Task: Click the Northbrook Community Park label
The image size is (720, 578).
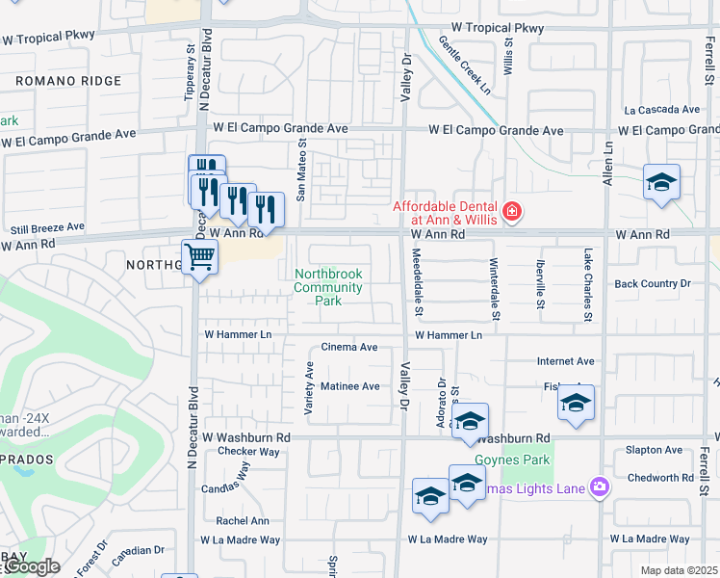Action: click(327, 287)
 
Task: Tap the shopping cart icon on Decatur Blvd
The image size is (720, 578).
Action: click(199, 257)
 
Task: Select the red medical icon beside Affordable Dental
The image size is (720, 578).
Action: click(512, 211)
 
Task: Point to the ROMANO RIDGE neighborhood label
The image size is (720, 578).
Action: click(68, 82)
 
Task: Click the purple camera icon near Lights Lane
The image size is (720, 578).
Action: click(600, 488)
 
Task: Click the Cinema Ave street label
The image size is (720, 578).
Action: click(348, 347)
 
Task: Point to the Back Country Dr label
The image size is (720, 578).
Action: click(653, 283)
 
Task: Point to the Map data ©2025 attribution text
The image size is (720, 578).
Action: click(680, 570)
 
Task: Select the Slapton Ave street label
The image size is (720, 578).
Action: click(654, 450)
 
